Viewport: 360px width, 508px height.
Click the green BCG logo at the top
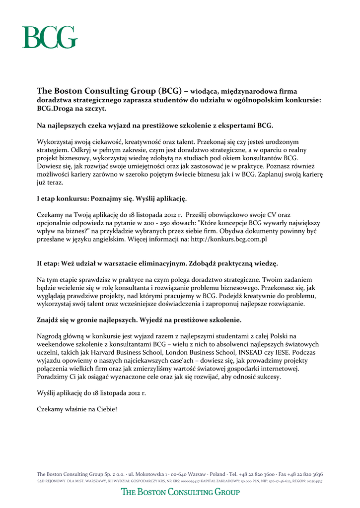[x=49, y=37]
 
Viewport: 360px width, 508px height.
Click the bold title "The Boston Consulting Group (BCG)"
[x=110, y=91]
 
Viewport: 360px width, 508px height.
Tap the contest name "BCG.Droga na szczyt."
[x=72, y=108]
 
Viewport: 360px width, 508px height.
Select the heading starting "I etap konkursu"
[x=112, y=199]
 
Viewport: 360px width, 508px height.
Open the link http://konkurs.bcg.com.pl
[x=229, y=239]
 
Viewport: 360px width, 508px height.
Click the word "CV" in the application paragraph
[x=271, y=215]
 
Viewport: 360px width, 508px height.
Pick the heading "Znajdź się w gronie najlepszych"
[x=139, y=319]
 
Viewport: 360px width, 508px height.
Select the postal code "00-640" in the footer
[x=180, y=474]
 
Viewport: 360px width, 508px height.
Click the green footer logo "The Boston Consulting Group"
[x=180, y=492]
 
